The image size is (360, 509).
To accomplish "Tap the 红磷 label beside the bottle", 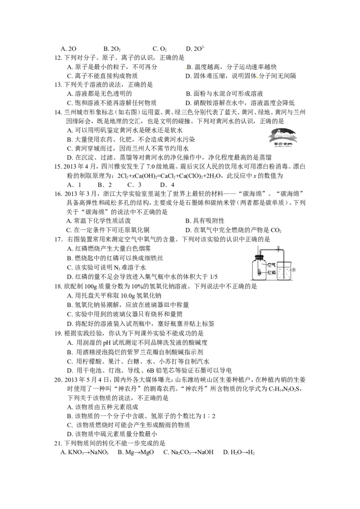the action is tap(271, 272).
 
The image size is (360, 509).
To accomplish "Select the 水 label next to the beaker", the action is tap(294, 270).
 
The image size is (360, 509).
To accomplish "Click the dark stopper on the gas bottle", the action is tap(259, 258).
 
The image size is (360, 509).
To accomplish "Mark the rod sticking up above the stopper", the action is tap(258, 250).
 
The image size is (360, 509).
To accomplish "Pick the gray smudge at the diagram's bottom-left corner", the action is tap(253, 282).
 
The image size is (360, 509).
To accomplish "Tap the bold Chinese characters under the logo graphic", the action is tap(283, 144).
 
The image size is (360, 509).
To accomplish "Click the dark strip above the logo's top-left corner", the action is tap(274, 123).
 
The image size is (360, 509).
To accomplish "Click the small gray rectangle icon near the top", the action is tap(185, 68).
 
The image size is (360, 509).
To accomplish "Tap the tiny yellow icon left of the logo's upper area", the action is tap(257, 77).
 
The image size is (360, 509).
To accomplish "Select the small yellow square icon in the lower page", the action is tap(141, 372).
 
